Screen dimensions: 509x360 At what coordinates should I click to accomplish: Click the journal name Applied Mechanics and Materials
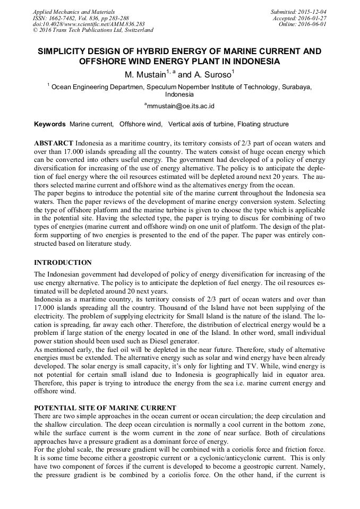73,11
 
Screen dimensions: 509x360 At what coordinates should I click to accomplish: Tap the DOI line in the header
88,24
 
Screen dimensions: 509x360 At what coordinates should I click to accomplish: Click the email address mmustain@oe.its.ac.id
181,106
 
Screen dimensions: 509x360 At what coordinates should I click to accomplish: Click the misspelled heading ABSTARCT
53,144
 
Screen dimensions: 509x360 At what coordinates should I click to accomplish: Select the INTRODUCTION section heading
63,263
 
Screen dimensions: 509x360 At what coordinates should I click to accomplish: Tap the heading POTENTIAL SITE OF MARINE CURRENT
105,408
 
